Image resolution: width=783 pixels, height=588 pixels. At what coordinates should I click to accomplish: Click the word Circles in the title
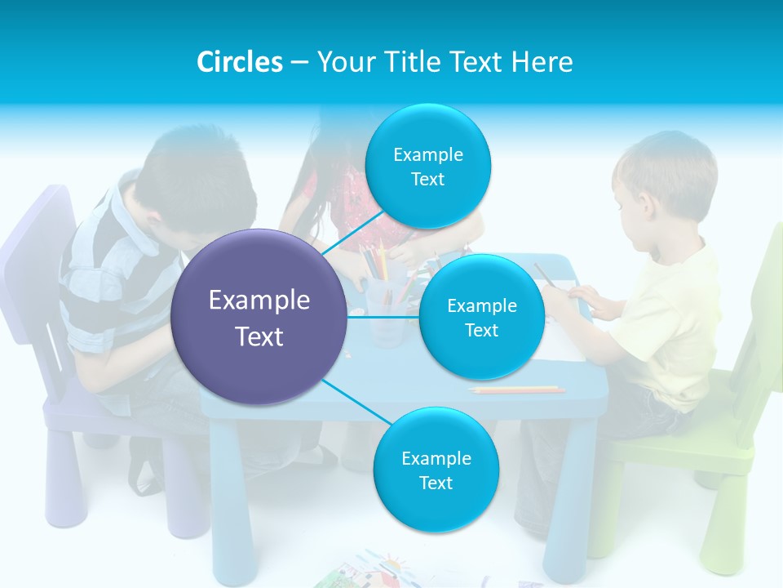tap(239, 62)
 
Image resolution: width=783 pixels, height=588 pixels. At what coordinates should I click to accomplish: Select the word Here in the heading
tap(542, 62)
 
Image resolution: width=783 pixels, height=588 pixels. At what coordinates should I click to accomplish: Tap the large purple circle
tap(259, 317)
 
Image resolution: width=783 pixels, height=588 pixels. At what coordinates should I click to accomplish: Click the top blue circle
tap(427, 167)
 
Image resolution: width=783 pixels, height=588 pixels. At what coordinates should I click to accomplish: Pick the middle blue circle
tap(481, 317)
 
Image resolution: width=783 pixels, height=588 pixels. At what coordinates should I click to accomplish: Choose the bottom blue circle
tap(436, 470)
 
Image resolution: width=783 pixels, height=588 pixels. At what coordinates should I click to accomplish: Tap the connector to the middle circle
tap(383, 317)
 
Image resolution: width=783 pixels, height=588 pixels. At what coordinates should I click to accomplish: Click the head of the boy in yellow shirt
tap(665, 184)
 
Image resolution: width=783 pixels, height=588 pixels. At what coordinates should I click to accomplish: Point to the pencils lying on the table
tap(517, 390)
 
